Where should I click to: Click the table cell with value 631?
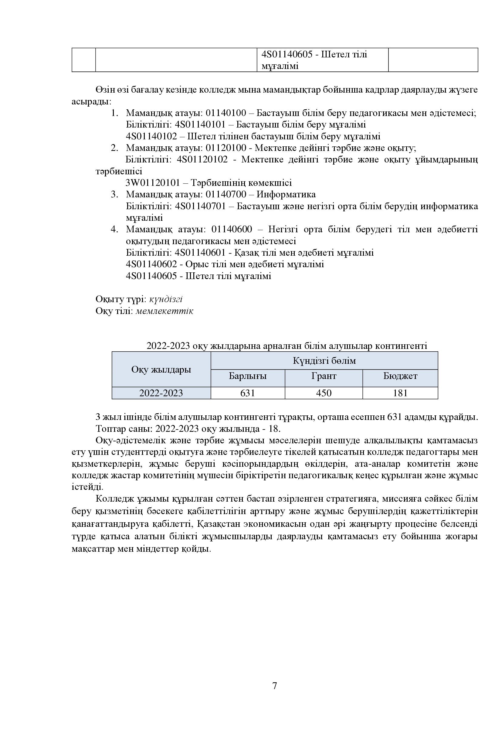(x=248, y=393)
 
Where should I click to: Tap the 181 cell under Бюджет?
(x=400, y=393)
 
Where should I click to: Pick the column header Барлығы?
(x=248, y=376)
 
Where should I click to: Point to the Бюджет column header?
(x=400, y=376)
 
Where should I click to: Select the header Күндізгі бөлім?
(x=324, y=360)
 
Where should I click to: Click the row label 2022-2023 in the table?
(x=161, y=393)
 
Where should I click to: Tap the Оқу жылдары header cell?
(x=161, y=369)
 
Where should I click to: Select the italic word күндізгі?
(x=166, y=299)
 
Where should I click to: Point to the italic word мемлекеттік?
(x=164, y=311)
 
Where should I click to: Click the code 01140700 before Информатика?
(x=226, y=194)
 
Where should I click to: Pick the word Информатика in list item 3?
(x=286, y=194)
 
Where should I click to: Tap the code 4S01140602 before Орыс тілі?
(x=151, y=264)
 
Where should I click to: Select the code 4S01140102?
(x=151, y=136)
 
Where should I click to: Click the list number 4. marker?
(x=114, y=229)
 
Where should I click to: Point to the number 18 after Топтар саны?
(x=274, y=429)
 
